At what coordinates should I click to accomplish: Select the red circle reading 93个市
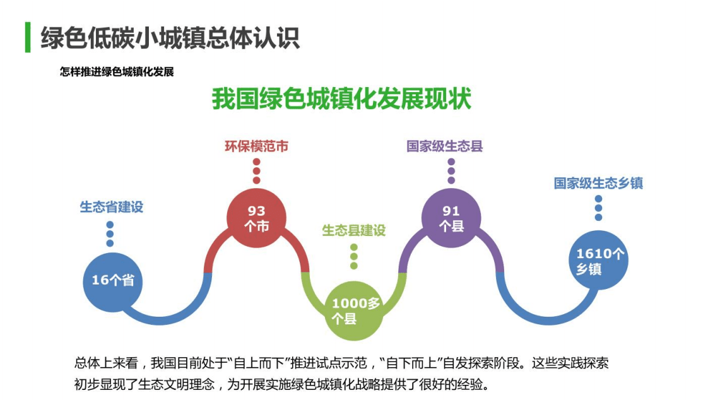[x=256, y=218]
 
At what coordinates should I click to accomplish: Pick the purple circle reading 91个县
[x=451, y=218]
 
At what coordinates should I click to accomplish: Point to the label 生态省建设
[x=111, y=206]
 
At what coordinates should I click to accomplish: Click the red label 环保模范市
[x=256, y=146]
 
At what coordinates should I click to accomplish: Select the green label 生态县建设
[x=353, y=230]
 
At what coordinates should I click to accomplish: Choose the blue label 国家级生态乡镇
[x=598, y=183]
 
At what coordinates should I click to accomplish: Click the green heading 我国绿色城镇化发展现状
[x=341, y=100]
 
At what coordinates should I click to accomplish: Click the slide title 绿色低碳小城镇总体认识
[x=170, y=38]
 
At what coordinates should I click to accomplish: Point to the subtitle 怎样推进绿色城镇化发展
[x=117, y=72]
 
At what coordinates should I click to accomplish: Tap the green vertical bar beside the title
[x=28, y=38]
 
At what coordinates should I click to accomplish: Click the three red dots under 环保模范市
[x=256, y=171]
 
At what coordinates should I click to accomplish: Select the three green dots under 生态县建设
[x=354, y=256]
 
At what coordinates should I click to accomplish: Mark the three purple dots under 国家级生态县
[x=451, y=171]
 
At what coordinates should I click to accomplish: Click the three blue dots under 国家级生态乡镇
[x=598, y=208]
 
